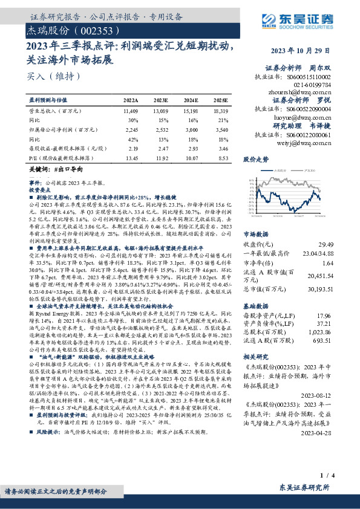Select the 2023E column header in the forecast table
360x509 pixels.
click(161, 99)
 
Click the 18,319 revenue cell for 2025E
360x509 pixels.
click(221, 111)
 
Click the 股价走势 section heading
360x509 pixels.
click(255, 160)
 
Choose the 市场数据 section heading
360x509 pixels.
click(255, 233)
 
